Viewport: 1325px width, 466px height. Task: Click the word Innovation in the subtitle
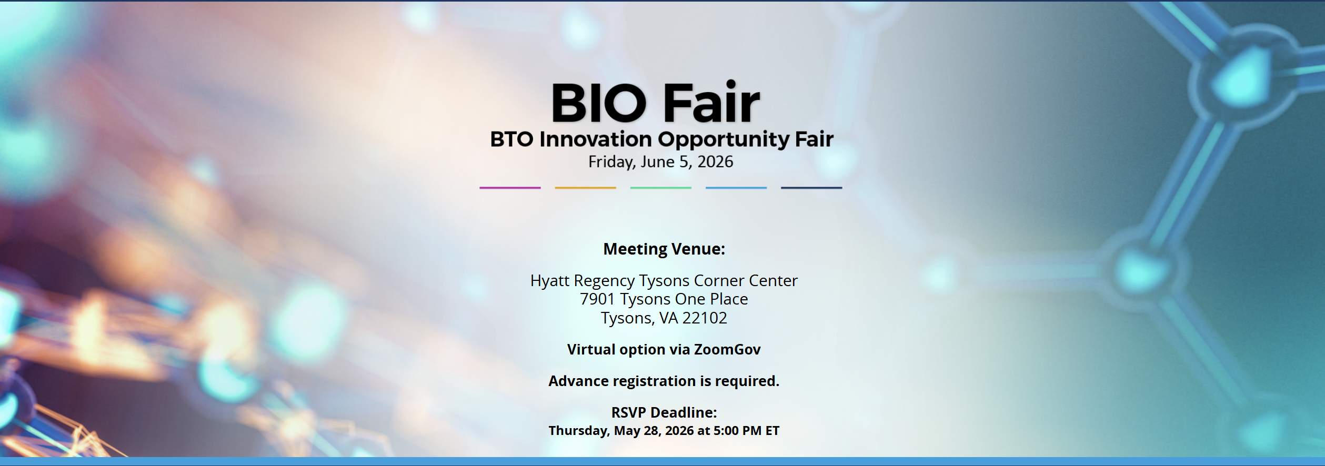click(595, 139)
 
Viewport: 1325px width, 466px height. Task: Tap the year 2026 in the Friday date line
click(715, 161)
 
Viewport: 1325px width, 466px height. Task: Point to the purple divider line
click(510, 188)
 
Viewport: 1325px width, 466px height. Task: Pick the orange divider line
click(585, 188)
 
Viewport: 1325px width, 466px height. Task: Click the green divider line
click(661, 188)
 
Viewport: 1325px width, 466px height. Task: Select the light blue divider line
click(736, 188)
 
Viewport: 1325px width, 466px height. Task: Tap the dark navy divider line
click(811, 188)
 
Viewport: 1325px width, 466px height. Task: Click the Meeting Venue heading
click(664, 249)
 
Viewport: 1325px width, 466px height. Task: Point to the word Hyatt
click(550, 281)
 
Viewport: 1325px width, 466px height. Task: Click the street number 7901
click(597, 299)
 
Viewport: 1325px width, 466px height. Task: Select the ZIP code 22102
click(705, 318)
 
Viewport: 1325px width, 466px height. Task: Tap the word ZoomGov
click(727, 350)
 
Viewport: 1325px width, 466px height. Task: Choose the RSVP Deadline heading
click(664, 412)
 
